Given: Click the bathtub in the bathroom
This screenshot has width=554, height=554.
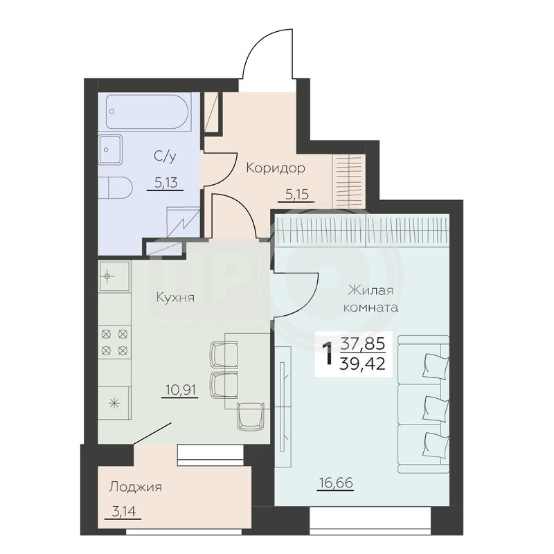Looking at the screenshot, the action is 148,111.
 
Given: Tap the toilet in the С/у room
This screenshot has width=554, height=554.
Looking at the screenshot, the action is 115,187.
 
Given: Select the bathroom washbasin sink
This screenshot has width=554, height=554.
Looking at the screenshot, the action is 110,150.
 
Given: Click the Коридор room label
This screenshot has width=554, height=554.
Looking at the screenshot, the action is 276,168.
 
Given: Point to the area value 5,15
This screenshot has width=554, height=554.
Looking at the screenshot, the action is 297,195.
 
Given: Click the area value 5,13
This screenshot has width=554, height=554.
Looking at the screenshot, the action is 166,183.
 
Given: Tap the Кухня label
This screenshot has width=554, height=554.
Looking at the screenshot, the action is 175,297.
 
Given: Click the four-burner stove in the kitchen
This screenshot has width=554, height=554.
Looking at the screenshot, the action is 114,342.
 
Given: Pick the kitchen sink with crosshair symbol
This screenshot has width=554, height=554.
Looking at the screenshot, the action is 114,276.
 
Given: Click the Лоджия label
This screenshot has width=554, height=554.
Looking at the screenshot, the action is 135,487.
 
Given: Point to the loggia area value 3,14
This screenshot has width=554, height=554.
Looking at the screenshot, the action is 124,511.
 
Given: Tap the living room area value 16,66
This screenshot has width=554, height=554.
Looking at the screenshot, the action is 335,483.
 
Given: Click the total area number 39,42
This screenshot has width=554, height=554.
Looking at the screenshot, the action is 361,364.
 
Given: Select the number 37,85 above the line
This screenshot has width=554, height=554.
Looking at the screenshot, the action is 362,343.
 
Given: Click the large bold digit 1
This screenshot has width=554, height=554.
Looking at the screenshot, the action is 328,353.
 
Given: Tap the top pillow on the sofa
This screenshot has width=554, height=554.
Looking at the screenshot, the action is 436,367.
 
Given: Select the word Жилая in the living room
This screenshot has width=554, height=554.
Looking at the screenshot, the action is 370,291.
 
